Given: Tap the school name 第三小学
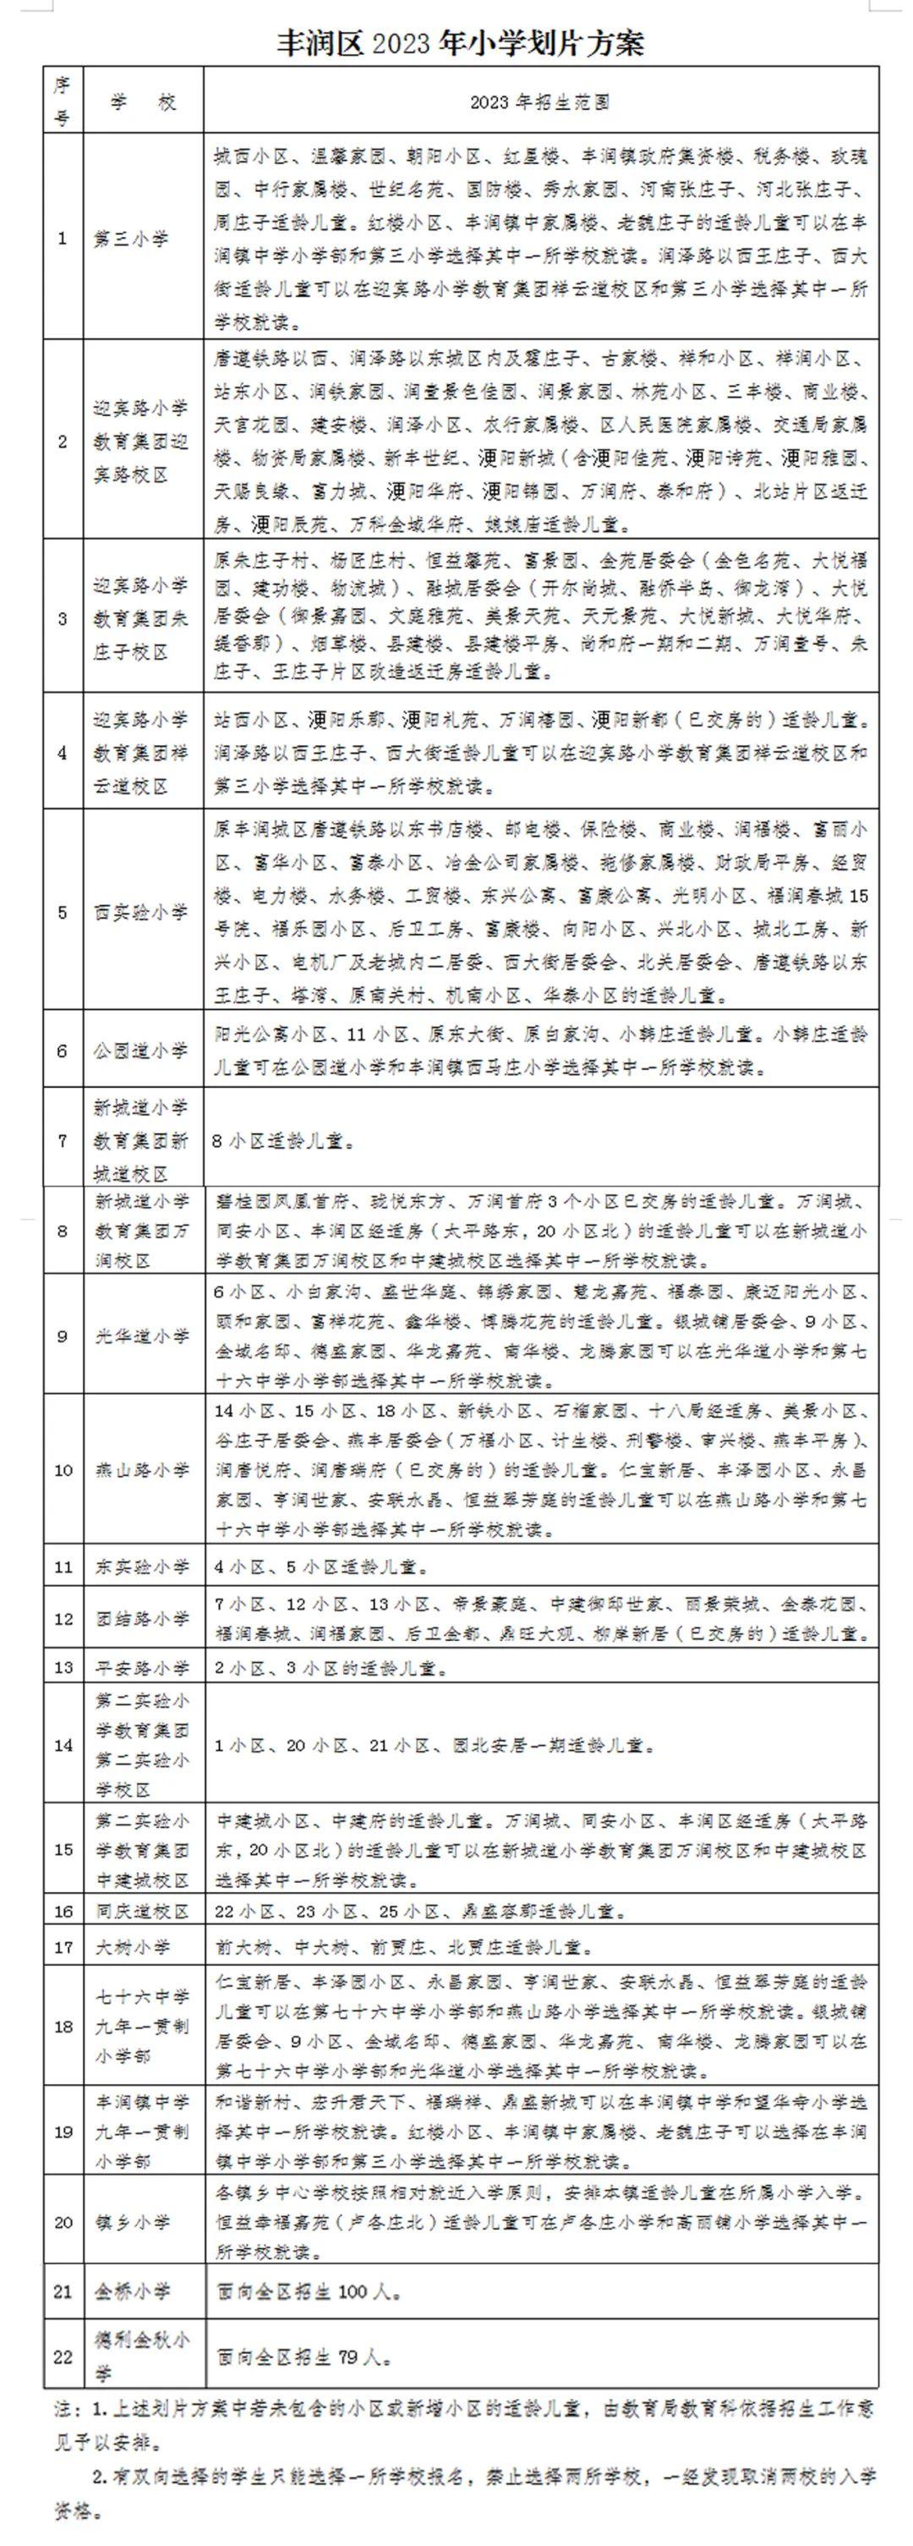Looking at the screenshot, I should [131, 239].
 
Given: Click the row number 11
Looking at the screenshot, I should [63, 1567].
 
